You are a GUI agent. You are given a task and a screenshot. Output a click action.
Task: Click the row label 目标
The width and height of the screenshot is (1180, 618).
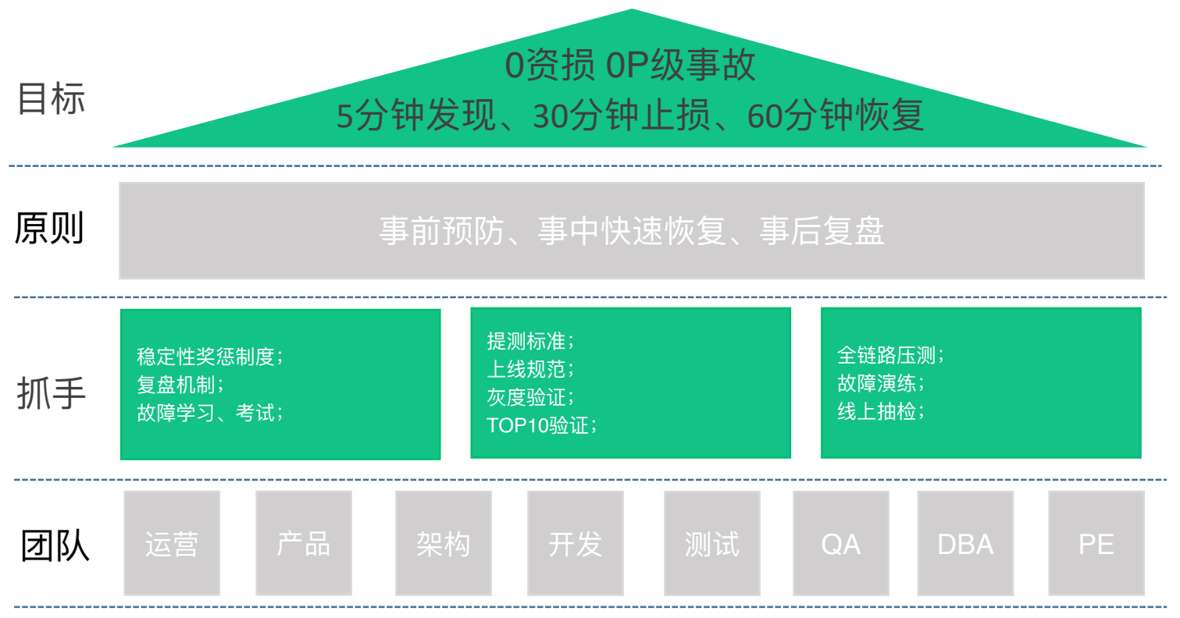click(51, 100)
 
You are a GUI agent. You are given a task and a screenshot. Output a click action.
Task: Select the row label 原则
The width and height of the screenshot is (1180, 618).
click(49, 229)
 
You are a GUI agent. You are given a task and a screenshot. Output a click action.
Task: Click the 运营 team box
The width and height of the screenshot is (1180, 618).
click(172, 543)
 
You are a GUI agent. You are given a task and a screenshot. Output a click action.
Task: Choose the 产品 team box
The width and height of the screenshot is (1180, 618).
click(304, 543)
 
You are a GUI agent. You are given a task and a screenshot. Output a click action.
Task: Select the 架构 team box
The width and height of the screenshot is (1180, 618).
click(443, 543)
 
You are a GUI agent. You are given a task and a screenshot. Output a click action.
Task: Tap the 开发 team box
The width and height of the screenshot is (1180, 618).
click(575, 543)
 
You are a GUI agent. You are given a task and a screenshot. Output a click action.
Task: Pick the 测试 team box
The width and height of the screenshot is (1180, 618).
click(711, 543)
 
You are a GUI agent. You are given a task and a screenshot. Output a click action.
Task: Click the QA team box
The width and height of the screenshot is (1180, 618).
click(840, 543)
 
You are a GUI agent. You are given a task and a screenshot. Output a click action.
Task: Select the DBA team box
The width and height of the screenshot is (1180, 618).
click(965, 543)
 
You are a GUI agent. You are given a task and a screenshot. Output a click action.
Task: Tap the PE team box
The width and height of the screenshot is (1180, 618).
click(1096, 543)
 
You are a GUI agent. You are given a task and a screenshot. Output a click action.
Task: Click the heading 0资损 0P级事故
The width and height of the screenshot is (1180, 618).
click(630, 66)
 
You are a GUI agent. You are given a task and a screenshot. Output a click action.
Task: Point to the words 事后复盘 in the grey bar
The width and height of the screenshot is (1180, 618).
click(822, 231)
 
